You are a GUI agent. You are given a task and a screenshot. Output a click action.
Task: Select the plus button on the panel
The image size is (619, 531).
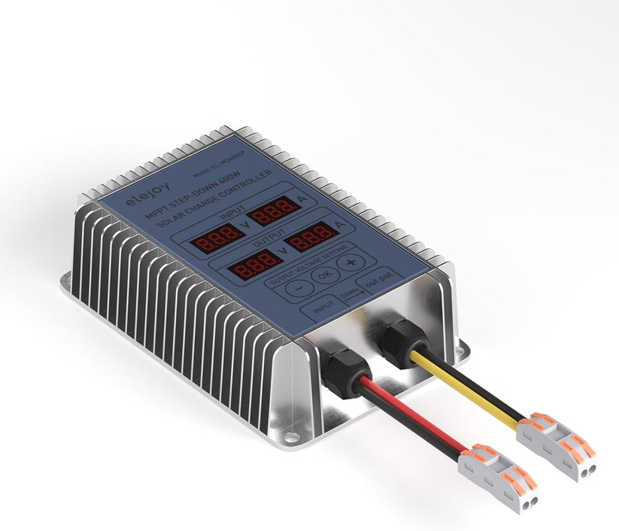coord(349,262)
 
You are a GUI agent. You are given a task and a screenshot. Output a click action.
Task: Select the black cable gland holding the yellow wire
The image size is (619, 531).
coord(398,337)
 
